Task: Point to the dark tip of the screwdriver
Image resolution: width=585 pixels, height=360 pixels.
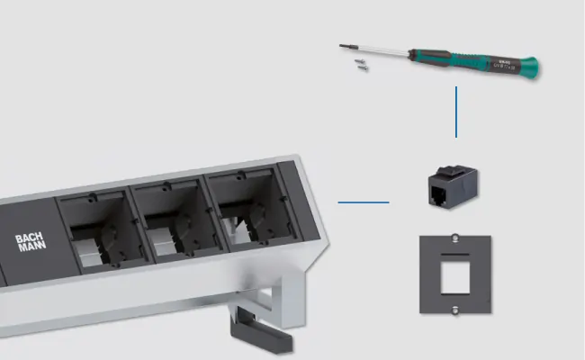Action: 343,45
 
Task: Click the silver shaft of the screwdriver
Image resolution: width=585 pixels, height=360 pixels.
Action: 378,51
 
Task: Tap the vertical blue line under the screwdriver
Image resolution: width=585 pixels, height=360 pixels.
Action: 456,112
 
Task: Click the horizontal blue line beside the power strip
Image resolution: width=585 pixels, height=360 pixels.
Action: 364,202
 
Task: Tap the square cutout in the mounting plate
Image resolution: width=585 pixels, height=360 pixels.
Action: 456,274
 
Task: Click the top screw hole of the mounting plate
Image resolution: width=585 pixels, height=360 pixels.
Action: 456,241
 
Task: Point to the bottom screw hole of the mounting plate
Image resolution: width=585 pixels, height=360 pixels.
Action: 456,307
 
